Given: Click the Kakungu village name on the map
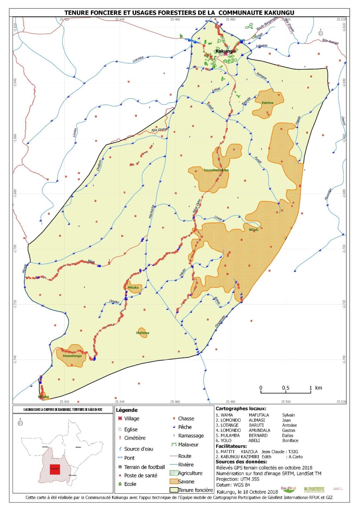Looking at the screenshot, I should (x=225, y=51).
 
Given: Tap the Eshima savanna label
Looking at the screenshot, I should (x=268, y=103).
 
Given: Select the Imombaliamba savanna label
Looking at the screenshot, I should (x=216, y=170).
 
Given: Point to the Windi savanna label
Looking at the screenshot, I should (x=253, y=230).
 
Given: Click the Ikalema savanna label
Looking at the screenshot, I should (x=143, y=333).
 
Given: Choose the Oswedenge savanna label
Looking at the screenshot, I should (x=72, y=356).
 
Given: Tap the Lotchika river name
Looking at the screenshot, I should (x=138, y=59).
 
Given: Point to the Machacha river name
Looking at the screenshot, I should (x=151, y=212).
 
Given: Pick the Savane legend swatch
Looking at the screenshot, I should (x=174, y=481).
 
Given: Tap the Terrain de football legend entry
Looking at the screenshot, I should (x=144, y=467).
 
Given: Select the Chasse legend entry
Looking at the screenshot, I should (x=186, y=419).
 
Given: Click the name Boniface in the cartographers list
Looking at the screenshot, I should (x=290, y=440).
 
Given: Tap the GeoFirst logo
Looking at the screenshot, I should (x=288, y=489).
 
